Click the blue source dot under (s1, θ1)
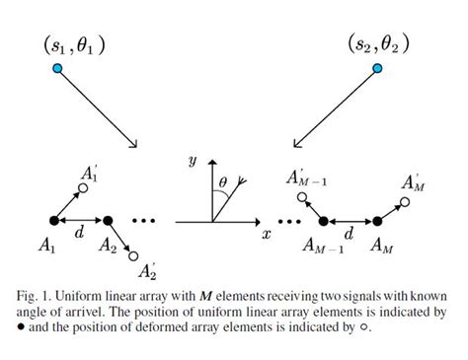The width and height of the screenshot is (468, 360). coord(58,67)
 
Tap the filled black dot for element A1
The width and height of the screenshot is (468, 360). coord(52,220)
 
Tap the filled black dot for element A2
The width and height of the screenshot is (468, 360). coord(109,220)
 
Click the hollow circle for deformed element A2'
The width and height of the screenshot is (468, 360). coord(133,255)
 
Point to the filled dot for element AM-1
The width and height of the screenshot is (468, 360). coord(321,221)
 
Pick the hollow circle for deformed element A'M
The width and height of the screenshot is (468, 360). coord(403,202)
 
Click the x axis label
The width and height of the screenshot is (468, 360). coord(267,236)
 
